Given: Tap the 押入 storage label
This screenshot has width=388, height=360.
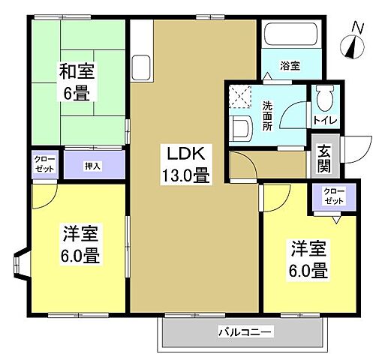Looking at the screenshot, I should click(92, 165).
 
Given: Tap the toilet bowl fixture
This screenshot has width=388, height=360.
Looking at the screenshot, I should click(324, 97).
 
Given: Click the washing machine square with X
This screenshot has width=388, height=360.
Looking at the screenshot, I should click(242, 97).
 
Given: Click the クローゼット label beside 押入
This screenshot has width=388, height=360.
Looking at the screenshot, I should click(44, 165).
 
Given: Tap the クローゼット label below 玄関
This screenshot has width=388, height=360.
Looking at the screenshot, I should click(334, 196).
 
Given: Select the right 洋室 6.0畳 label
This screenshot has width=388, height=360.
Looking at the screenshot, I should click(308, 259).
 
